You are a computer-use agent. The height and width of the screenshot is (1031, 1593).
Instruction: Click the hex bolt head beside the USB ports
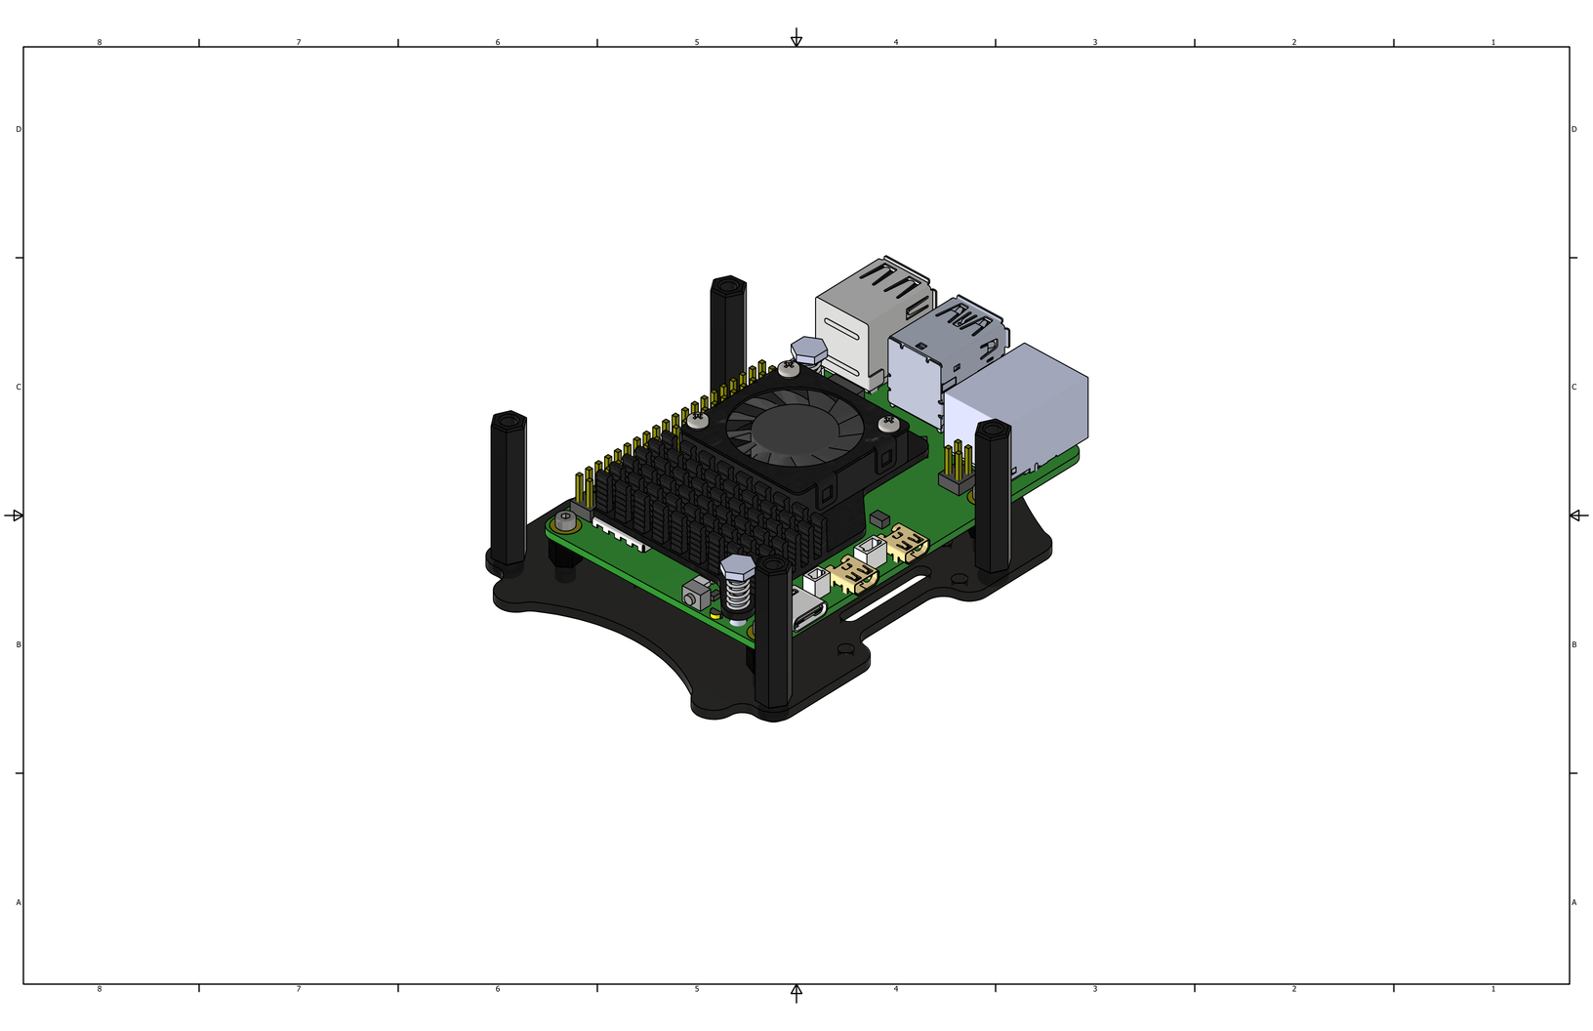pos(808,351)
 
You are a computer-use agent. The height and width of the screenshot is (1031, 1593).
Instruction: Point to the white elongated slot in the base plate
pos(885,597)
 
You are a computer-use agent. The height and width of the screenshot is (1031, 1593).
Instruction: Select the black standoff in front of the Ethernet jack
pos(993,495)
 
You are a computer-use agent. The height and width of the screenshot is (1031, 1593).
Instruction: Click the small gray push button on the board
pos(696,595)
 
